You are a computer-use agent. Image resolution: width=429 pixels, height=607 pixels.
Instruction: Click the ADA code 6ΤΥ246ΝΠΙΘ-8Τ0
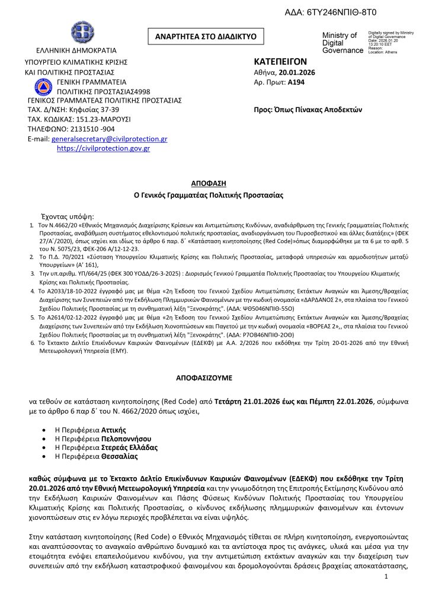pyautogui.click(x=356, y=11)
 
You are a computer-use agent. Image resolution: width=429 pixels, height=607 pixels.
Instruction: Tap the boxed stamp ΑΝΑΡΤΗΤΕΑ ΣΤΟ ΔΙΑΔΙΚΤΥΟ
pyautogui.click(x=206, y=36)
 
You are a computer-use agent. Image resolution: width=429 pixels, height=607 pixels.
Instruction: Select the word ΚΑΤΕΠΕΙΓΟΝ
pyautogui.click(x=280, y=61)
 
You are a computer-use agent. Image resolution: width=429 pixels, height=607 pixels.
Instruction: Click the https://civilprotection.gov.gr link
pyautogui.click(x=103, y=149)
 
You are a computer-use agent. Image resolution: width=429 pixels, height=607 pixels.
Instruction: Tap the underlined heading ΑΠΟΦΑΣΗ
pyautogui.click(x=208, y=183)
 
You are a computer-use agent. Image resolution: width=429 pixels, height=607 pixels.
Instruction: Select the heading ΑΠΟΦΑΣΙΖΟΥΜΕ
pyautogui.click(x=206, y=376)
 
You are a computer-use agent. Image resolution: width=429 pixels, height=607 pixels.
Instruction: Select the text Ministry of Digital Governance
pyautogui.click(x=341, y=43)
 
